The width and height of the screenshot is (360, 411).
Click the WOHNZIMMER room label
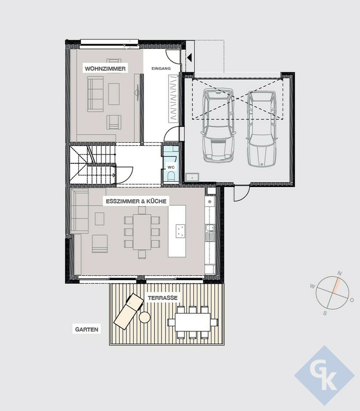click(105, 69)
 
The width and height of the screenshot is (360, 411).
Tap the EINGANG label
click(161, 68)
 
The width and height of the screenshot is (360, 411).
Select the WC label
click(171, 167)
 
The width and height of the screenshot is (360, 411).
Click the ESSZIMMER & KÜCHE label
click(136, 201)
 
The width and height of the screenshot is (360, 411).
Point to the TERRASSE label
click(163, 298)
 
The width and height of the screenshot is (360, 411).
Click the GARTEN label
click(86, 329)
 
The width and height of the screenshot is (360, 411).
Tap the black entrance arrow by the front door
click(189, 58)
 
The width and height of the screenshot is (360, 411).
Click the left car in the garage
click(218, 125)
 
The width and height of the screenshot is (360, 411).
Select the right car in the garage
click(262, 129)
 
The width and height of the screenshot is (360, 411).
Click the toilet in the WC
click(171, 176)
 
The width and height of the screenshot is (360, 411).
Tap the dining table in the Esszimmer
click(142, 232)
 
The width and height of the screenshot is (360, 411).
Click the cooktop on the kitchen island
click(181, 231)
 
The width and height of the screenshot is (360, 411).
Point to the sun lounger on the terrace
click(129, 311)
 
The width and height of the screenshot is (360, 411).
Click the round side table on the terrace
click(145, 317)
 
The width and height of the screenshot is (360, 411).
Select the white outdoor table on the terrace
click(193, 322)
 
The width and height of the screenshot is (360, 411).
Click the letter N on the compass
click(339, 273)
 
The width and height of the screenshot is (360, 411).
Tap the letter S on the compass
click(325, 313)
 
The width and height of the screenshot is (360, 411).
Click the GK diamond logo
click(325, 376)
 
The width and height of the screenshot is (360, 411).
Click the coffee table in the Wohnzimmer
click(114, 94)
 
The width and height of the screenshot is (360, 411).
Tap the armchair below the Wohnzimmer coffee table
click(114, 122)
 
